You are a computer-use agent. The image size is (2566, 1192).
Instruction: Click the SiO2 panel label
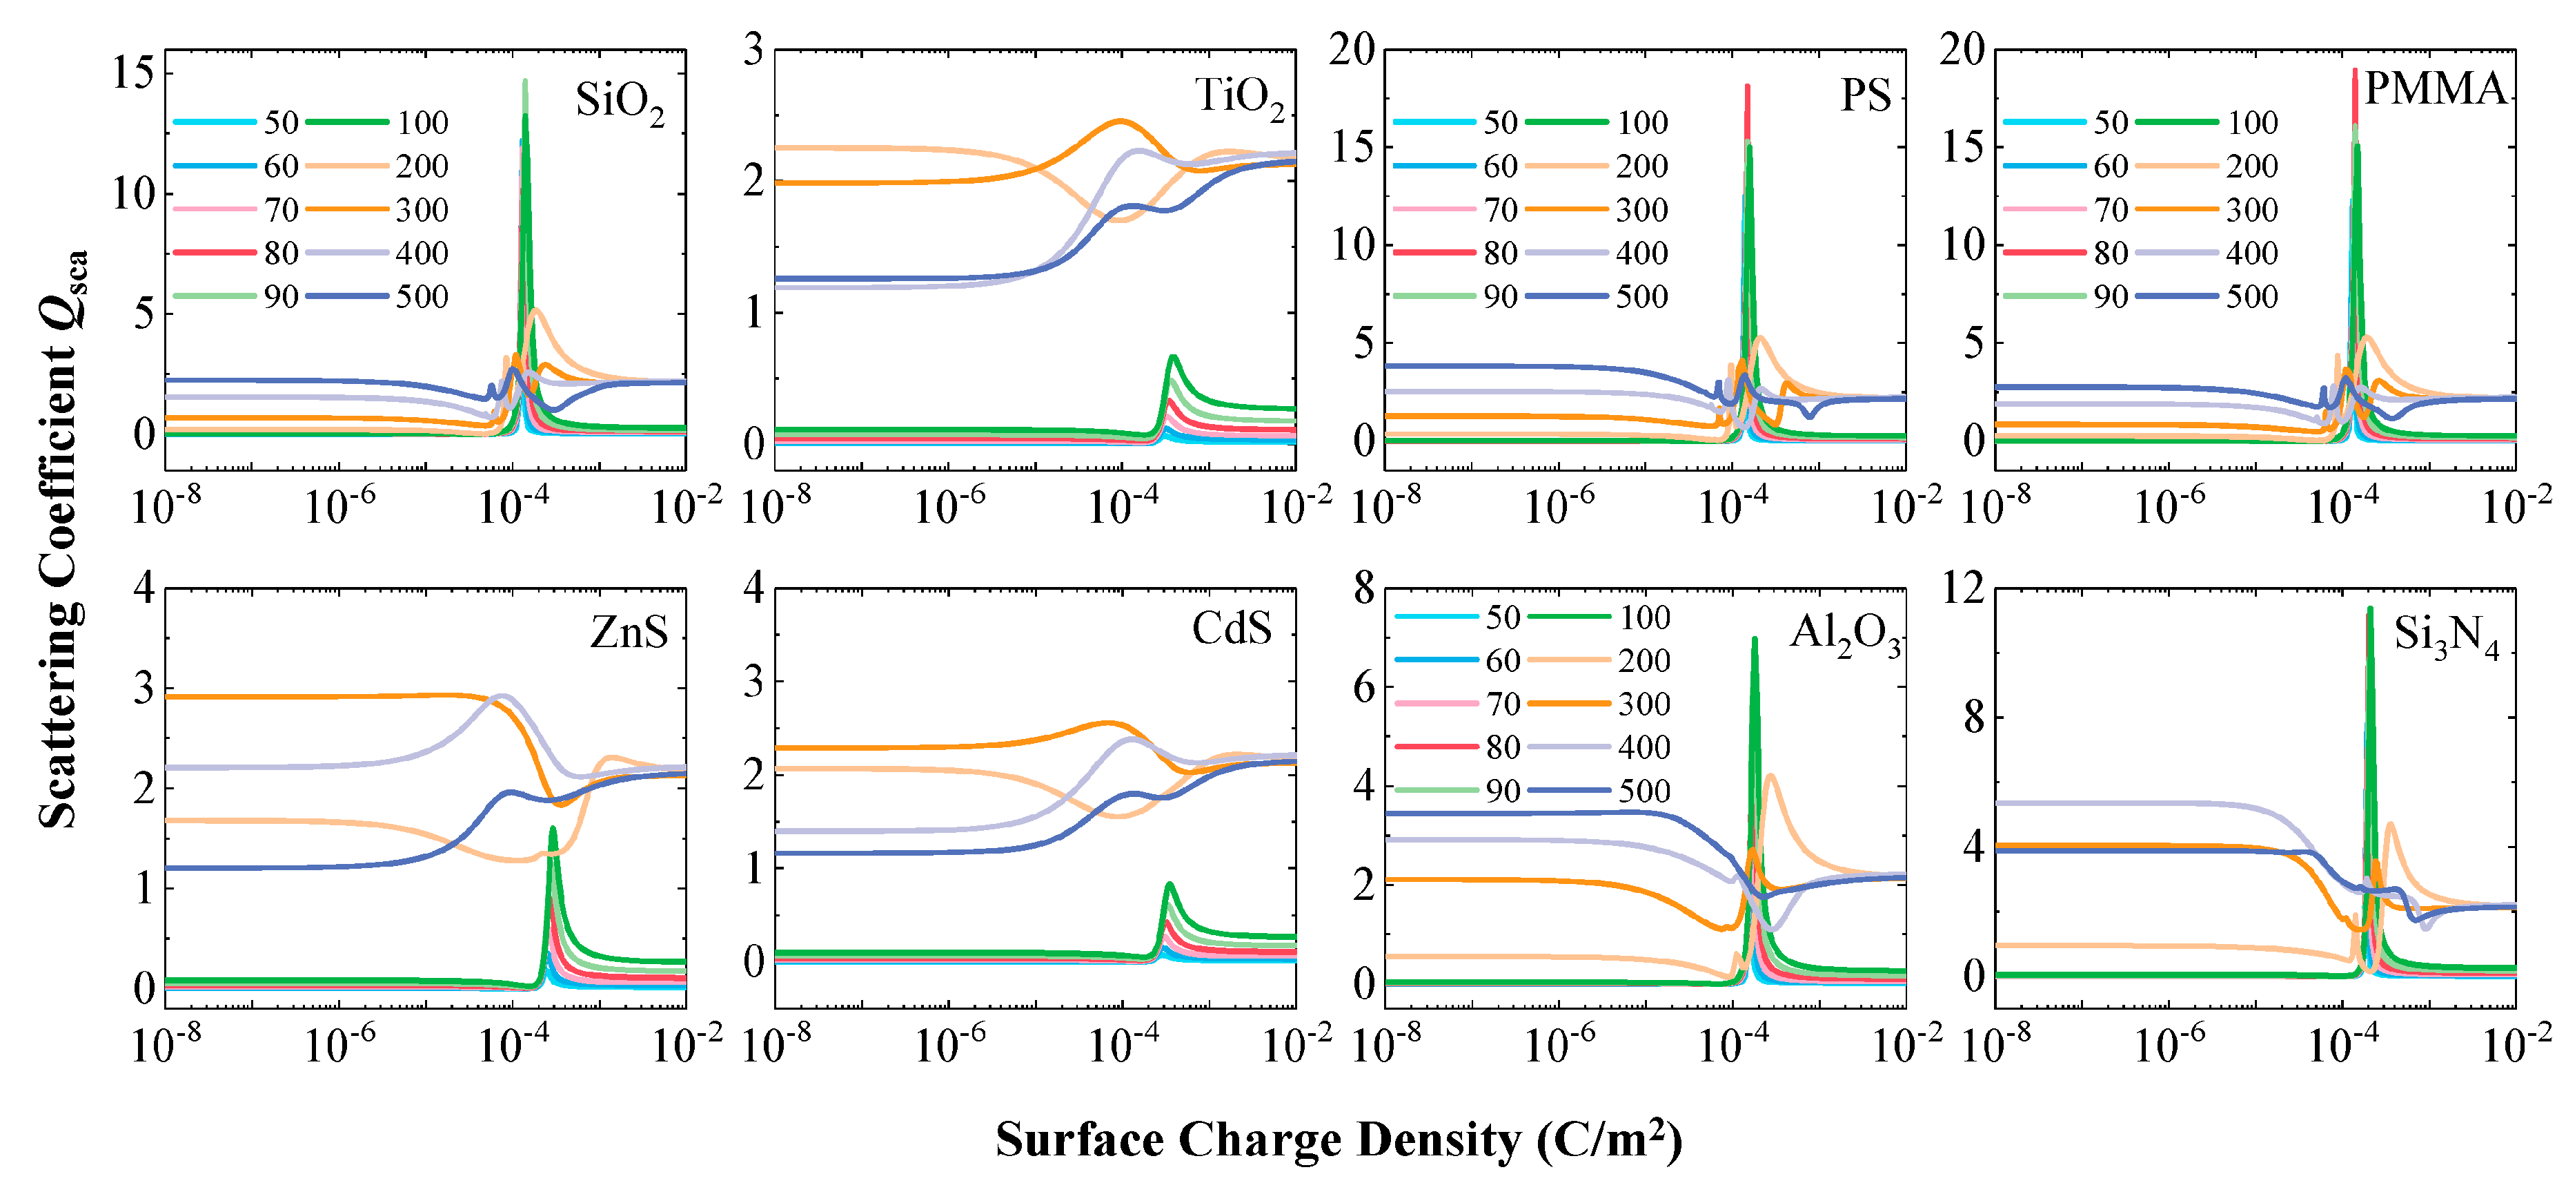[619, 102]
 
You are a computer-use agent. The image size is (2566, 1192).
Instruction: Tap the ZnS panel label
[629, 632]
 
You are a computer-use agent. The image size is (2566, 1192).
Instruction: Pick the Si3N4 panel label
[2445, 636]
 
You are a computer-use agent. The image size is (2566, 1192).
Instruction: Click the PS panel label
[1865, 96]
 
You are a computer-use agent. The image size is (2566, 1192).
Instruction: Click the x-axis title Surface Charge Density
[1338, 1140]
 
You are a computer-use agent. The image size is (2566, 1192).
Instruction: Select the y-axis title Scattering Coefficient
[62, 538]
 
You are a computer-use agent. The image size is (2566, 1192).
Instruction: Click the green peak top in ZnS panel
[553, 828]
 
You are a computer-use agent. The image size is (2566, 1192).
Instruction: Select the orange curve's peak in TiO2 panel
[1121, 122]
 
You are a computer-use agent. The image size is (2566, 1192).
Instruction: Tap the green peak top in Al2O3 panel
[1754, 639]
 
